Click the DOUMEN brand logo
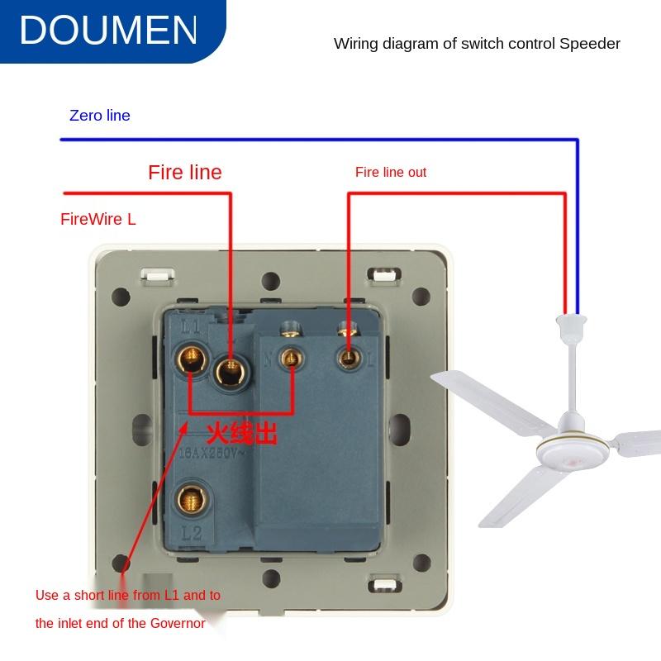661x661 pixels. tap(108, 31)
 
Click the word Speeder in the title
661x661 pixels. tap(589, 44)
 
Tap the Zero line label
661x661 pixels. tap(99, 116)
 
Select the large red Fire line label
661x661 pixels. tap(185, 172)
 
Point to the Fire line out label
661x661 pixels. tap(391, 172)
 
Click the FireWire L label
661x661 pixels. tap(97, 219)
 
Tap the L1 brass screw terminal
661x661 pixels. tap(191, 358)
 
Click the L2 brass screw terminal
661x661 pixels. tap(191, 498)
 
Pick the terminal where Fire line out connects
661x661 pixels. tap(348, 357)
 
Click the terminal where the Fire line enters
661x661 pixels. tap(231, 370)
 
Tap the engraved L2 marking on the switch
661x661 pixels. tap(191, 533)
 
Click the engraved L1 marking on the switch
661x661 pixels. tap(191, 327)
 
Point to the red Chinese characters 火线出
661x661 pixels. tap(241, 433)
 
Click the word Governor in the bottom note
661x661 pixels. tap(176, 623)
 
